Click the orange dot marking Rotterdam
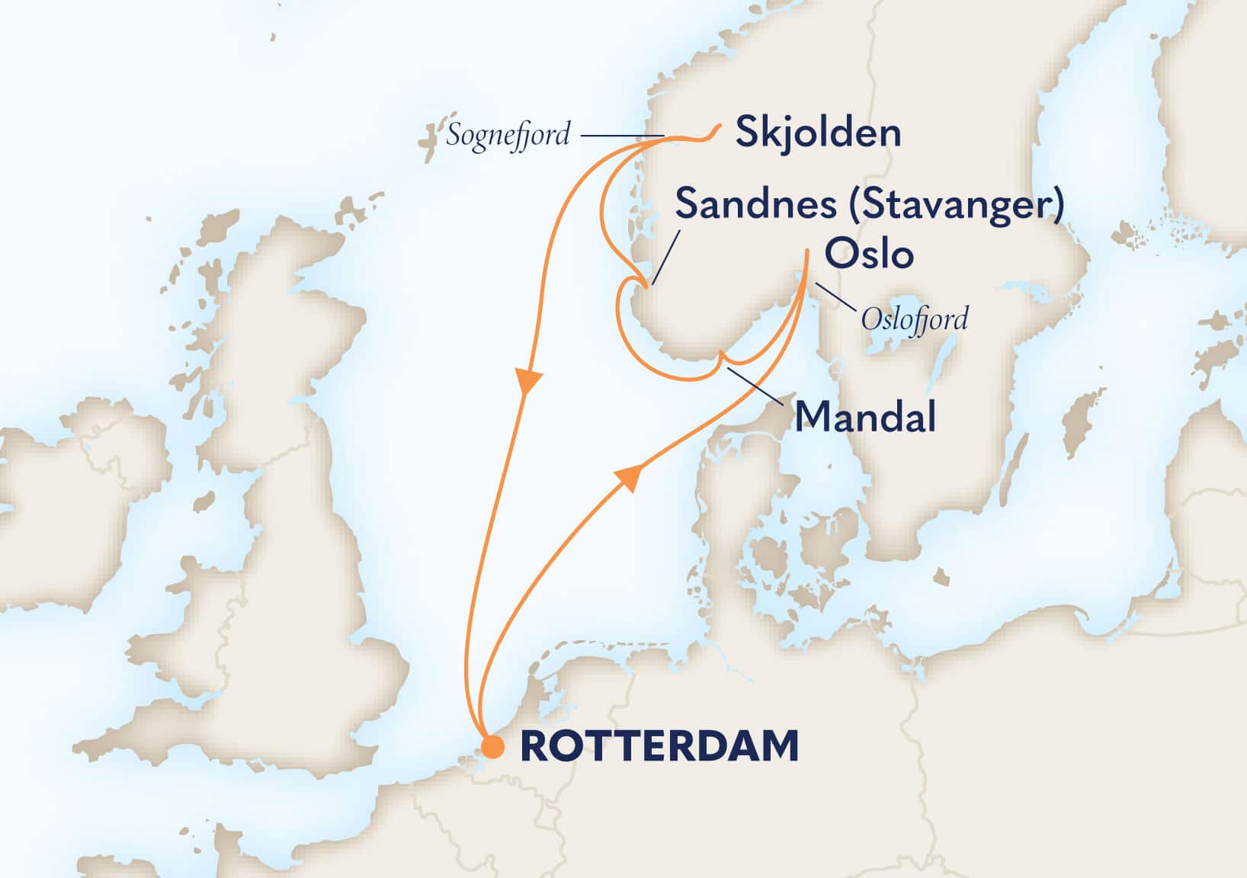pyautogui.click(x=494, y=746)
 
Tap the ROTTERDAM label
pyautogui.click(x=659, y=746)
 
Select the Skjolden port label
pyautogui.click(x=818, y=133)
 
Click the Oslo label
pyautogui.click(x=870, y=254)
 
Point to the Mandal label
pyautogui.click(x=865, y=417)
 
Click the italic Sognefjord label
pyautogui.click(x=508, y=136)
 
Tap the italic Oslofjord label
pyautogui.click(x=914, y=319)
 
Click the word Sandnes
pyautogui.click(x=756, y=204)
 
